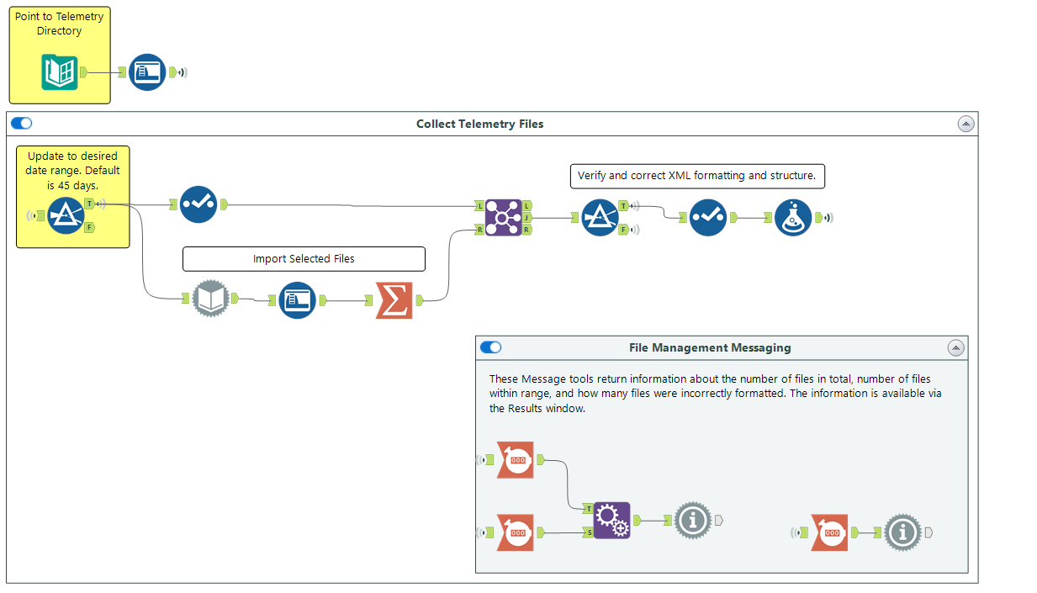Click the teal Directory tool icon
[60, 72]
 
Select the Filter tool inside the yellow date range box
[66, 216]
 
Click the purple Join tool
[503, 217]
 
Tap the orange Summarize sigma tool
[394, 299]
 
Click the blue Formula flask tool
[792, 218]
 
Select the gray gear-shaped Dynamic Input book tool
[211, 299]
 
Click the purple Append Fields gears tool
[611, 521]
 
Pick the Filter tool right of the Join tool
[601, 218]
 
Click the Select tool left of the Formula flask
[708, 218]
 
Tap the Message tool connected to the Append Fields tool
[693, 521]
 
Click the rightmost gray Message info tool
[903, 532]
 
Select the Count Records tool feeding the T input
[515, 460]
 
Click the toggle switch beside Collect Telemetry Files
[22, 124]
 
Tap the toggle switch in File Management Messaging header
[490, 347]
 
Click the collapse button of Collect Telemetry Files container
[966, 124]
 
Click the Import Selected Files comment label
[304, 259]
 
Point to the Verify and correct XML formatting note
[696, 176]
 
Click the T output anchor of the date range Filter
[89, 204]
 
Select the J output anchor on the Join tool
[526, 217]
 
